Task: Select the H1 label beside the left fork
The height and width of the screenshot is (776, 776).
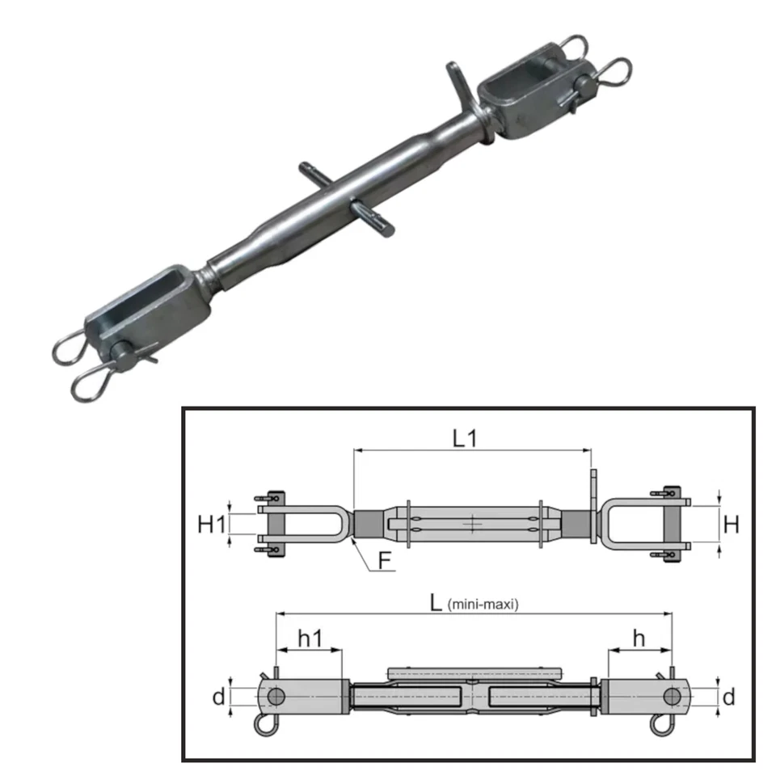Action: click(212, 525)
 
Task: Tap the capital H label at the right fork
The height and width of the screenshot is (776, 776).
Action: click(731, 525)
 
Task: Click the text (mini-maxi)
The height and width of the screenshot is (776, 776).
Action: click(483, 604)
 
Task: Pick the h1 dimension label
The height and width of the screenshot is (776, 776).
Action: click(309, 638)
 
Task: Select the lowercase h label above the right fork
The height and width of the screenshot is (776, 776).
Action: click(639, 638)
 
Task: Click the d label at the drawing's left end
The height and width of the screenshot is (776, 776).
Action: click(217, 696)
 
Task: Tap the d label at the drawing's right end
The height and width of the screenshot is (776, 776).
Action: click(728, 696)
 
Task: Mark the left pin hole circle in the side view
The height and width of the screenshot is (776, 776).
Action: click(276, 696)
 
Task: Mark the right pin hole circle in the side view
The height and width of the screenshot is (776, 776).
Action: click(671, 696)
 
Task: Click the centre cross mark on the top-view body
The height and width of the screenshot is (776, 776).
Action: click(473, 525)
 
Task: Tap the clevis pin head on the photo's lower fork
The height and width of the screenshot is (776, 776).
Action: click(122, 352)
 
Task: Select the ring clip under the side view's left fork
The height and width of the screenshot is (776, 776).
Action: click(264, 725)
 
